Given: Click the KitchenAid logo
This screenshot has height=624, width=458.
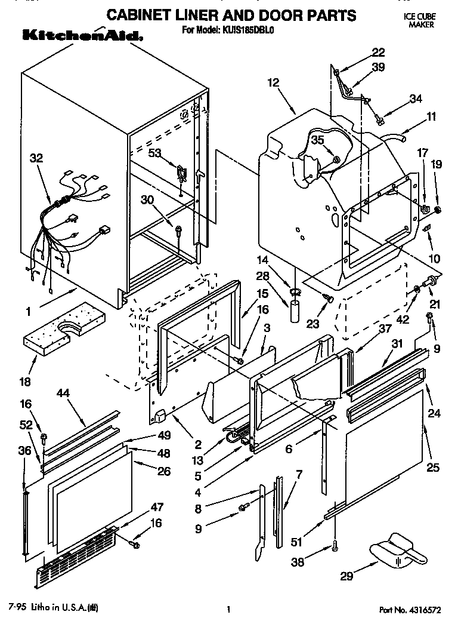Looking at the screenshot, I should click(x=82, y=36).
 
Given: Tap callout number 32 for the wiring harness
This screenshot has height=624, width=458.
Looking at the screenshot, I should click(x=36, y=159).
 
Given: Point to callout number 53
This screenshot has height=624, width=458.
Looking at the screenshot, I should click(x=155, y=153).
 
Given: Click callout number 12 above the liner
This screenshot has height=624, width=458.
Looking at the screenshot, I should click(x=273, y=83).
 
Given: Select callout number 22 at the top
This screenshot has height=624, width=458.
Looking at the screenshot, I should click(x=362, y=52).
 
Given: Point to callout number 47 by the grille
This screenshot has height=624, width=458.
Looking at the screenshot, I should click(x=156, y=507).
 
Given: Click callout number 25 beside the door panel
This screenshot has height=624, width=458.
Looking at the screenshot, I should click(x=433, y=467).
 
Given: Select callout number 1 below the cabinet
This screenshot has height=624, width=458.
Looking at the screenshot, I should click(x=27, y=311).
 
